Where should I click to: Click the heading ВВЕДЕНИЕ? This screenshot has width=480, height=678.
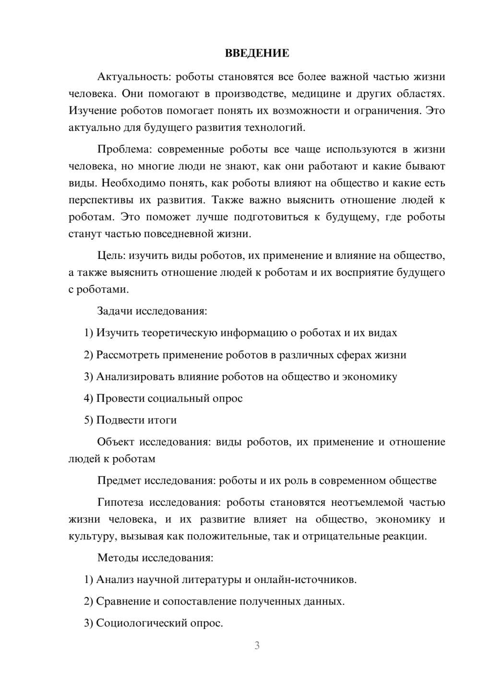click(x=257, y=53)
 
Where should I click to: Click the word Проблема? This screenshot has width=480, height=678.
click(x=124, y=149)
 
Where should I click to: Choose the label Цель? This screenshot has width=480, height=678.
click(x=110, y=256)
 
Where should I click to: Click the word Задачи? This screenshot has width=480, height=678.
click(x=115, y=311)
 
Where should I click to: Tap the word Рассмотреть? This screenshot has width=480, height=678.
click(x=128, y=355)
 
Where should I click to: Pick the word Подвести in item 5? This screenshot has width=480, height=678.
click(x=118, y=420)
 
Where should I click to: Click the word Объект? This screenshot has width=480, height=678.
click(x=116, y=442)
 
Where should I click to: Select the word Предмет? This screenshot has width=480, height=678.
click(x=119, y=480)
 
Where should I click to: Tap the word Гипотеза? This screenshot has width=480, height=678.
click(x=120, y=503)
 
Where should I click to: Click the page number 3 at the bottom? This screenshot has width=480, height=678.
click(x=257, y=645)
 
